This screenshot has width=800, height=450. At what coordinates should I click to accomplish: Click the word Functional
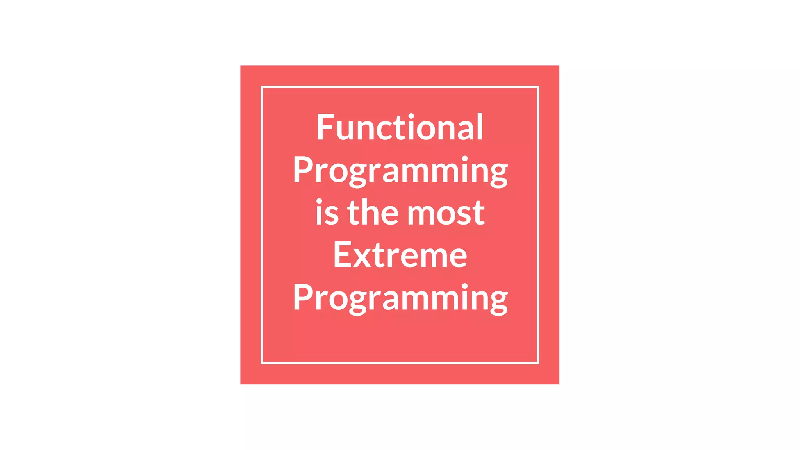400,127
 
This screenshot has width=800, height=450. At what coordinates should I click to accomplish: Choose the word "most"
446,213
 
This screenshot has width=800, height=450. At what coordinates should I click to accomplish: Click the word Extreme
400,255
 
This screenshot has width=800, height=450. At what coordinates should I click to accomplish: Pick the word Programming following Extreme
400,298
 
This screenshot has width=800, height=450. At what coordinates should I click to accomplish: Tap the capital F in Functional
325,127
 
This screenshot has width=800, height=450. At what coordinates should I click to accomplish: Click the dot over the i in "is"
319,201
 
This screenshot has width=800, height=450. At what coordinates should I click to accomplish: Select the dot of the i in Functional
411,116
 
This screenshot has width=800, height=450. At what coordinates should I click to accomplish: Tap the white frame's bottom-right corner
538,363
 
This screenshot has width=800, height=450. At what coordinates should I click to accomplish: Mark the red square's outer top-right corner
559,66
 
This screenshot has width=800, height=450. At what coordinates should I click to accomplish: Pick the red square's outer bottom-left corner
241,384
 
